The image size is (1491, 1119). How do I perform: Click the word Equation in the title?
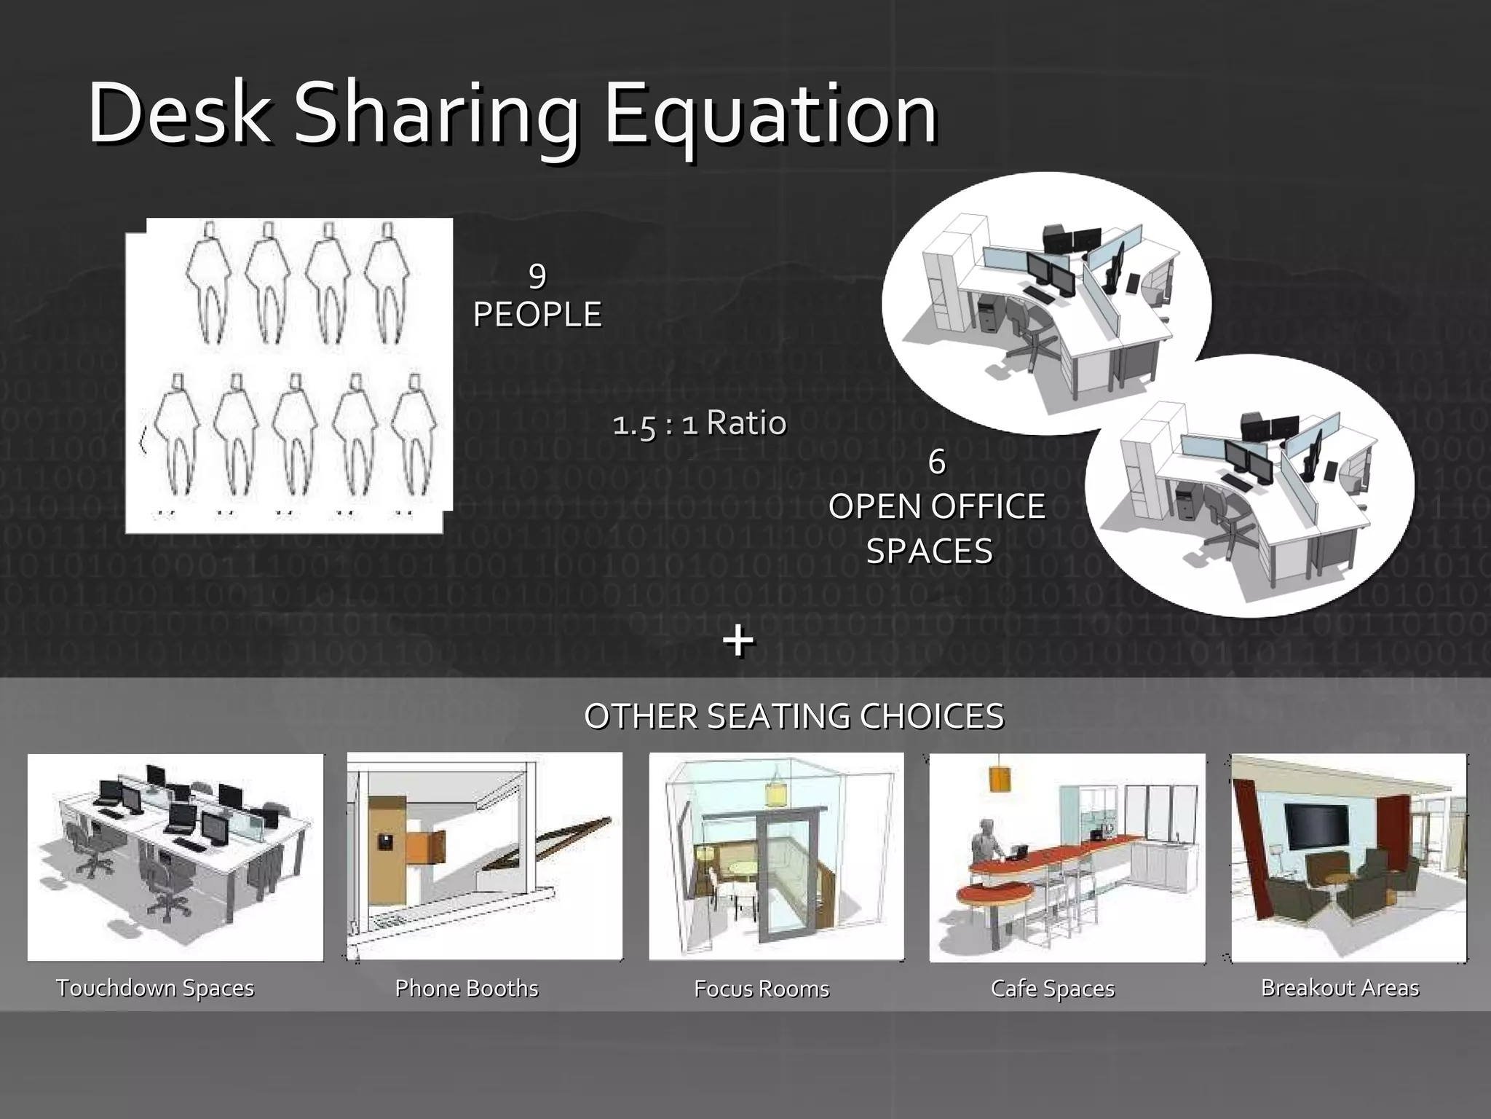[770, 115]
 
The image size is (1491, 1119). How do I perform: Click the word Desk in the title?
[179, 115]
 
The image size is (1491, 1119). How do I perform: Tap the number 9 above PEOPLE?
[537, 275]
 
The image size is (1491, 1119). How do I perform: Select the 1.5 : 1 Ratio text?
[700, 423]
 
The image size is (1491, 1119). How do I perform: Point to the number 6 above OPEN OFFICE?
[937, 462]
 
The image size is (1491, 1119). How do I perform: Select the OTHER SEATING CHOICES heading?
[794, 717]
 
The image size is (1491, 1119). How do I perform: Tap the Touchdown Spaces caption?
[155, 988]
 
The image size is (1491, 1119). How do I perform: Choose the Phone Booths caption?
[467, 989]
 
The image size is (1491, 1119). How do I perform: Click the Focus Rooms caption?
[762, 989]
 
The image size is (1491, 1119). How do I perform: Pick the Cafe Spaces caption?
[1053, 989]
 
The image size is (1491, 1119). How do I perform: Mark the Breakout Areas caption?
[1340, 988]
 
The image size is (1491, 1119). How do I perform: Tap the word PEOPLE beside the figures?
[537, 315]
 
